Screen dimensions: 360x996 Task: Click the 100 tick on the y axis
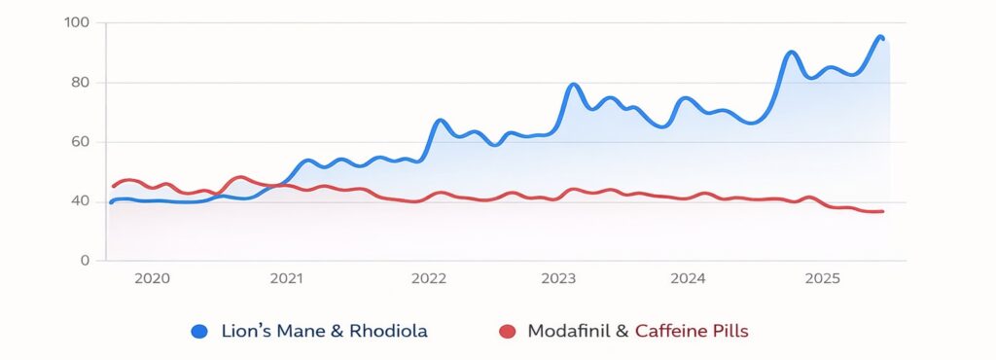coord(77,22)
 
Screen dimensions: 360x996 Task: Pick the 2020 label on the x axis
coord(153,278)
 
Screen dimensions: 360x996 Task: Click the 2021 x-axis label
coord(287,278)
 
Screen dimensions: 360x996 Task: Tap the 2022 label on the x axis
coord(429,278)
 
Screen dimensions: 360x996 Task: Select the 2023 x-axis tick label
coord(558,278)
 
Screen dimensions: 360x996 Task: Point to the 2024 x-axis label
coord(688,278)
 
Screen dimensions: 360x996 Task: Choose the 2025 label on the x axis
coord(822,278)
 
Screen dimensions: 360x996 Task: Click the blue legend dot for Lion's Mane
coord(200,332)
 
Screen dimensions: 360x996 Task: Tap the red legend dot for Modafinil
coord(506,332)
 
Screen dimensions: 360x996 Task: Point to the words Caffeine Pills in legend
coord(692,332)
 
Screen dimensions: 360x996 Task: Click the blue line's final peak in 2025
coord(879,37)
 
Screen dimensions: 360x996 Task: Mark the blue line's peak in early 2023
coord(573,85)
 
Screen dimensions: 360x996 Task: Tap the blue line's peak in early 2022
coord(440,121)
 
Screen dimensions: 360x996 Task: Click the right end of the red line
coord(882,211)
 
